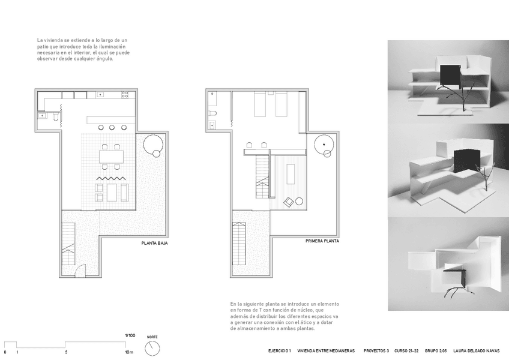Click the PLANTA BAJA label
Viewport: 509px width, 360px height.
154,243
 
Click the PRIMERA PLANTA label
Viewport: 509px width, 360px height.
322,241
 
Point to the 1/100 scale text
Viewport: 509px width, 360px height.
130,335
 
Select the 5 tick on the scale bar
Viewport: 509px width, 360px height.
66,352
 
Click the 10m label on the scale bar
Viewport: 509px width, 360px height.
129,352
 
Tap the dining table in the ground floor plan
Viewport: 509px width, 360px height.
112,157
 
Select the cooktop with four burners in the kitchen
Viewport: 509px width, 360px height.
125,95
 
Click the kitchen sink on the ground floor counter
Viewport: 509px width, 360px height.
100,95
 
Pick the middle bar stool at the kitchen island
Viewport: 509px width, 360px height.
112,128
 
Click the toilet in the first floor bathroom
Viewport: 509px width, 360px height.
213,113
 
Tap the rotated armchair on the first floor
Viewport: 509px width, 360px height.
289,202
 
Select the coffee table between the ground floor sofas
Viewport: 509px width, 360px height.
112,193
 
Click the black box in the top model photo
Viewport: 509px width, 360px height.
451,76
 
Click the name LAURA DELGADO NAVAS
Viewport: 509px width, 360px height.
476,351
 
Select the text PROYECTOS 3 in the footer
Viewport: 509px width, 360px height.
376,351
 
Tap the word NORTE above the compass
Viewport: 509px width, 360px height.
152,337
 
